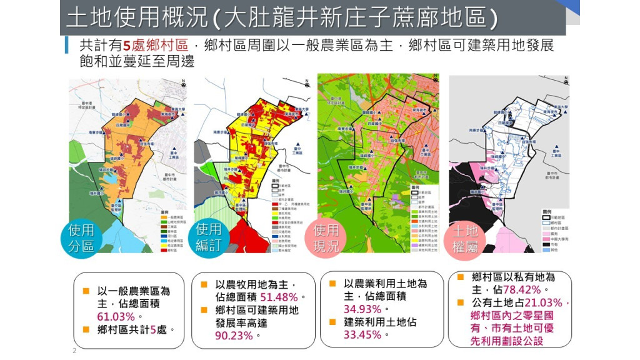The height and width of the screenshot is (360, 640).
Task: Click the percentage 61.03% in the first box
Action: click(x=116, y=316)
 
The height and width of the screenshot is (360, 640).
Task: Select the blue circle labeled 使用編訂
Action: click(x=209, y=238)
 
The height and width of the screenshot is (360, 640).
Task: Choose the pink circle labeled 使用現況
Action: click(x=326, y=238)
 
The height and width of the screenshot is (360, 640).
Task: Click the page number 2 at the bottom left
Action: click(x=74, y=351)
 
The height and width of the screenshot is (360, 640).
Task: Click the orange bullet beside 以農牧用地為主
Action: click(x=204, y=285)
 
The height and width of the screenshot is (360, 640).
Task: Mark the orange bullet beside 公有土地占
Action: click(x=461, y=302)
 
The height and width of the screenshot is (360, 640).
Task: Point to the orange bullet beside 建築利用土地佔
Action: click(x=332, y=322)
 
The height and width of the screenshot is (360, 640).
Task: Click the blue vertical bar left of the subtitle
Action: click(x=66, y=46)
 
